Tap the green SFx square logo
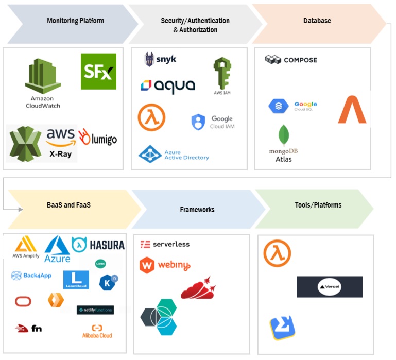point(98,72)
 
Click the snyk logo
point(160,59)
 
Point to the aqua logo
point(168,85)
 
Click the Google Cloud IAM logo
point(213,122)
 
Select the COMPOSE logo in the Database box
point(291,60)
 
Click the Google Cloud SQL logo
point(292,106)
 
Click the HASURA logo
point(98,245)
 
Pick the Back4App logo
point(32,276)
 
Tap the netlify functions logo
point(95,310)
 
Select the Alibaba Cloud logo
point(97,331)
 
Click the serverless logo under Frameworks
point(165,244)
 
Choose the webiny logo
point(165,266)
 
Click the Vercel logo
point(329,287)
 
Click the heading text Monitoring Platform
point(75,21)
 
